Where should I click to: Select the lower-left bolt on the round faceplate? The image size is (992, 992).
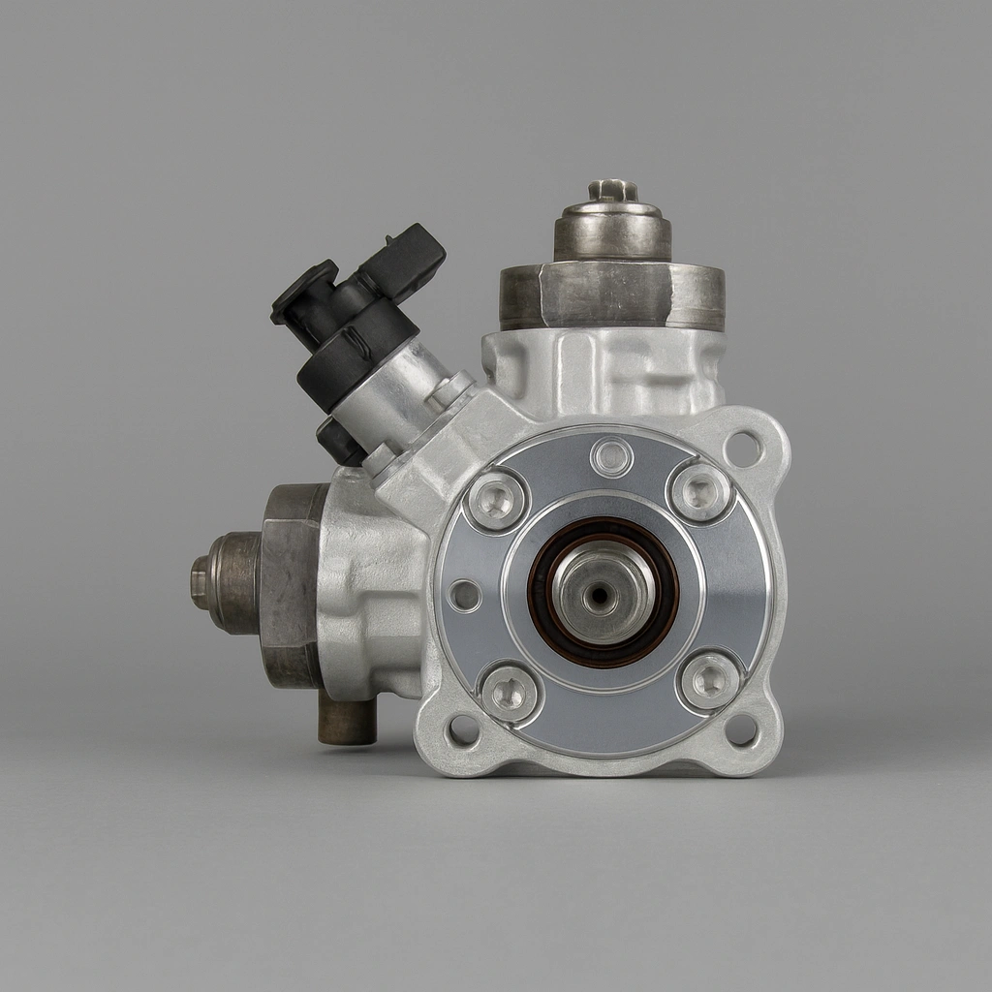coord(510,692)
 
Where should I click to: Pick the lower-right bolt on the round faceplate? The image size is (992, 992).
coord(710,680)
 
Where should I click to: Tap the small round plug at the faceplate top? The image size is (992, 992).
coord(611,456)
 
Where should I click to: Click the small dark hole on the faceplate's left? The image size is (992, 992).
coord(465,595)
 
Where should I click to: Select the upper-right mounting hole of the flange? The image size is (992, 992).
coord(743,449)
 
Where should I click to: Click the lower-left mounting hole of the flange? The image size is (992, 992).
coord(462,729)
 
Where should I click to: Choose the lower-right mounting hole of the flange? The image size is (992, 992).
coord(742,730)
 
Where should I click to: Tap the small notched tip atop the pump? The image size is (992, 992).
coord(611,189)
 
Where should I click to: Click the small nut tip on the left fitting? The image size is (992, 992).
coord(201,583)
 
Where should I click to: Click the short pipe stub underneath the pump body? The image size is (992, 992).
coord(347,722)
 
